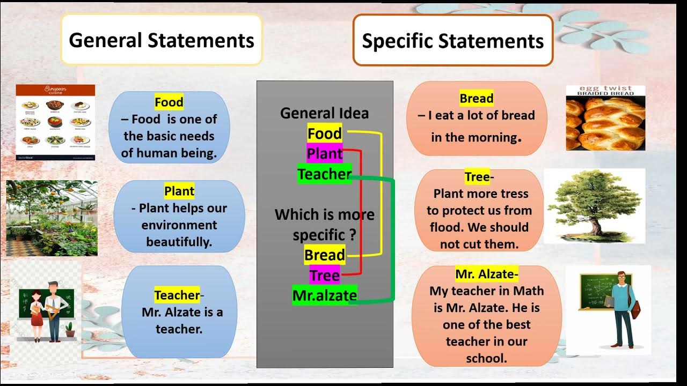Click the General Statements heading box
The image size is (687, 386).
tap(162, 40)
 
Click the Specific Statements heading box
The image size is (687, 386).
tap(452, 41)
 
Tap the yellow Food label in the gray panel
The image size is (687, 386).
tap(324, 133)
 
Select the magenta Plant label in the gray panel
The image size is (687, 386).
tap(324, 154)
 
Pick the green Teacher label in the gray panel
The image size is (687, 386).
tap(324, 174)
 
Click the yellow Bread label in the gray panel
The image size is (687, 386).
tap(324, 255)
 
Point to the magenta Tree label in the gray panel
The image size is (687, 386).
tap(324, 276)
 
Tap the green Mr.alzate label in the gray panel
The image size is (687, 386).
tap(324, 295)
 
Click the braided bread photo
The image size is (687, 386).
tap(605, 118)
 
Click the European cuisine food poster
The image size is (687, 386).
tap(55, 123)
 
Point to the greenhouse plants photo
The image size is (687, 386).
tap(52, 218)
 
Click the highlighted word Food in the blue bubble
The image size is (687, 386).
tap(169, 102)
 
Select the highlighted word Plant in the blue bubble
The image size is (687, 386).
tap(179, 191)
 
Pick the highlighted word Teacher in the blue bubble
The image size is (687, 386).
tap(177, 295)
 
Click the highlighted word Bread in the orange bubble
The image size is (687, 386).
tap(476, 99)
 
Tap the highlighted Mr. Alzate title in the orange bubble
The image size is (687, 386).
tap(485, 274)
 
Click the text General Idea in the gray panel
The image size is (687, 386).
tap(324, 113)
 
